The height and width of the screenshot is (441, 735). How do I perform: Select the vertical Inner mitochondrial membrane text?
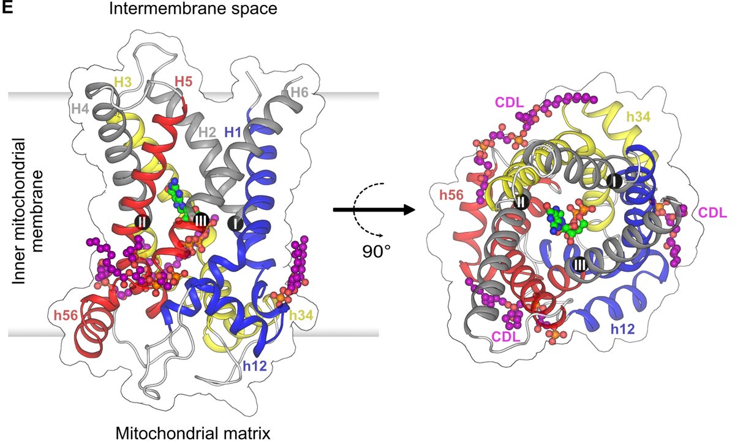tap(31, 218)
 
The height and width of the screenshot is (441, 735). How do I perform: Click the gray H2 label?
tap(209, 132)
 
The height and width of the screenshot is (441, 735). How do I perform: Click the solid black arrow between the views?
tap(371, 210)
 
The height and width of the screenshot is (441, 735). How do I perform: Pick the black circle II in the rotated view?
tap(521, 200)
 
